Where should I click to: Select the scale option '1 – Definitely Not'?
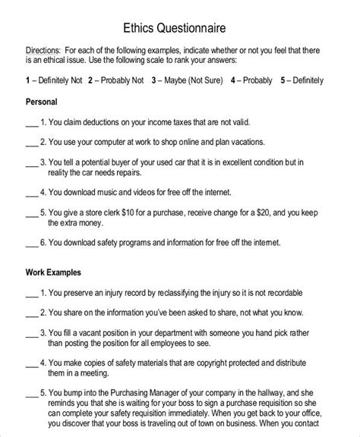click(52, 80)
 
